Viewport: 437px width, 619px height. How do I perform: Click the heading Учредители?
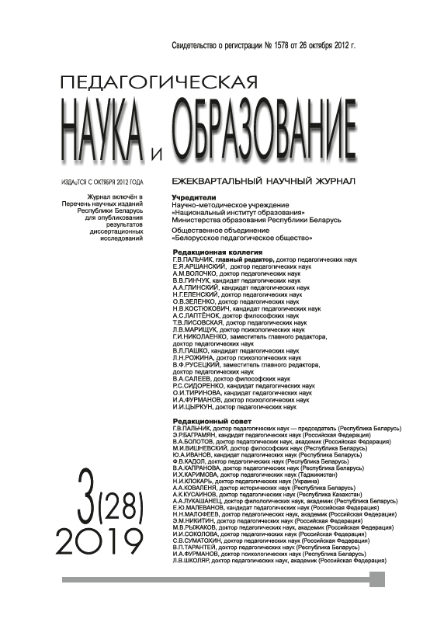click(193, 197)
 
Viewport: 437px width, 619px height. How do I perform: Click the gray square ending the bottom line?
click(377, 579)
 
